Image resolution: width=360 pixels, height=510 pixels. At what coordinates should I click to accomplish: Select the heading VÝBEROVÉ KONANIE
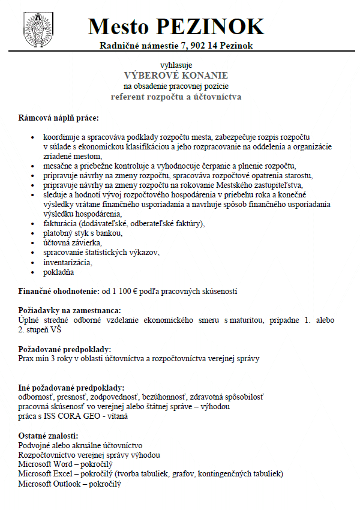[176, 75]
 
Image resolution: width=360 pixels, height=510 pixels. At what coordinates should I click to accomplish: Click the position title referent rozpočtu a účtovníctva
[176, 97]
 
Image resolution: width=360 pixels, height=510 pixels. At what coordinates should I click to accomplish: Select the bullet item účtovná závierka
[73, 243]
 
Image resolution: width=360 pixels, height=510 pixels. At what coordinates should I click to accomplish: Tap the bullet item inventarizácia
[67, 262]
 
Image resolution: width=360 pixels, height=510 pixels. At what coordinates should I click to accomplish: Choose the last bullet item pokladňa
[59, 272]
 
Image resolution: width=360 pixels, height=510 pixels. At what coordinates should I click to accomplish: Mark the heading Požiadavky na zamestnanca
[70, 310]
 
